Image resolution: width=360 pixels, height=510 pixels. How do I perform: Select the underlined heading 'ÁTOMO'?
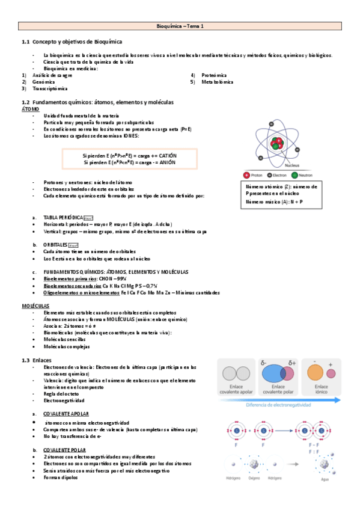[x=30, y=109]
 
